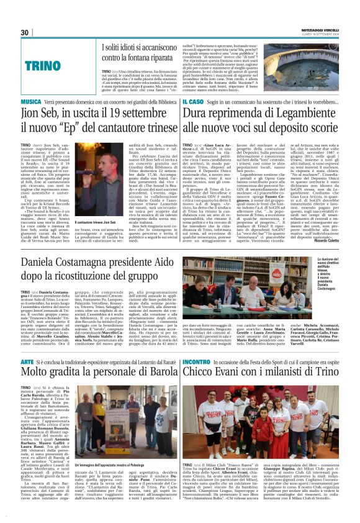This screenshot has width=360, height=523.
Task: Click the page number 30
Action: (x=24, y=32)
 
